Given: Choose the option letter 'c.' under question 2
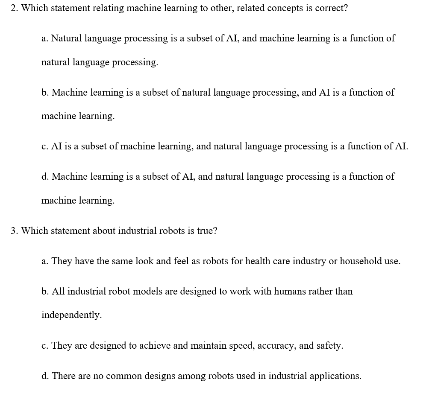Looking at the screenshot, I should (x=45, y=146).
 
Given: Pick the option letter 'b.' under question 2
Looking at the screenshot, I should (x=45, y=93).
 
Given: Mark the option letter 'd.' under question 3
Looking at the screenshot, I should (x=45, y=376).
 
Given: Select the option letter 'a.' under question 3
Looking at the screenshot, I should (x=45, y=261).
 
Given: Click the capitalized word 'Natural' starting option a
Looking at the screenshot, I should (x=67, y=38).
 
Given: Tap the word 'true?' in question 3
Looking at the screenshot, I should (x=207, y=231).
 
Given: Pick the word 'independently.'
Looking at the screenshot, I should (x=71, y=315).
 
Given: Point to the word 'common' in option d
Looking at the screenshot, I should (x=123, y=376).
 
